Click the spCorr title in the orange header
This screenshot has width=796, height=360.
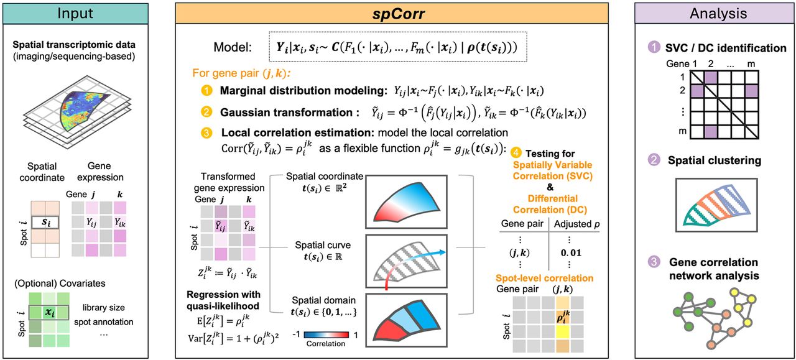pos(399,14)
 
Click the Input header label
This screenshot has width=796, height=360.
pos(75,13)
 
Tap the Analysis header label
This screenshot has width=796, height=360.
pos(718,13)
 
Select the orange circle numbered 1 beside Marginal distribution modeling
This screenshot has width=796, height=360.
pos(206,90)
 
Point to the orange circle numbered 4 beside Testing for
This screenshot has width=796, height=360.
pos(516,153)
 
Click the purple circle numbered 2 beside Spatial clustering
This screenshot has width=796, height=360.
pos(654,160)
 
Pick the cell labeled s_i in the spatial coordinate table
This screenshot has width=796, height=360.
pos(45,223)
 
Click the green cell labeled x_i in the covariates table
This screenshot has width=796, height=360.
pos(49,312)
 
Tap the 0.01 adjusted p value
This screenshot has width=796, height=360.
pos(571,252)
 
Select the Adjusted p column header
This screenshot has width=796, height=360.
pos(576,224)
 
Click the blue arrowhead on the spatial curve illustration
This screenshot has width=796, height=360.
pos(442,252)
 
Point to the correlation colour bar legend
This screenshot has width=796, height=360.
pos(326,335)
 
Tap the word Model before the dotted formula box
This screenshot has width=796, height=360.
pos(233,47)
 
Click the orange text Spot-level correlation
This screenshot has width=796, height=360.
pos(544,278)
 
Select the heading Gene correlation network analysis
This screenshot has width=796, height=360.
pos(714,269)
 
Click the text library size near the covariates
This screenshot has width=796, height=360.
pos(104,307)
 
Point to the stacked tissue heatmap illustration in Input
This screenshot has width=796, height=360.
pos(78,111)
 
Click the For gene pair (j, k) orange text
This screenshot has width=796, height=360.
pos(242,73)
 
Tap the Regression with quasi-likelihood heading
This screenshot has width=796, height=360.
pos(223,300)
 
